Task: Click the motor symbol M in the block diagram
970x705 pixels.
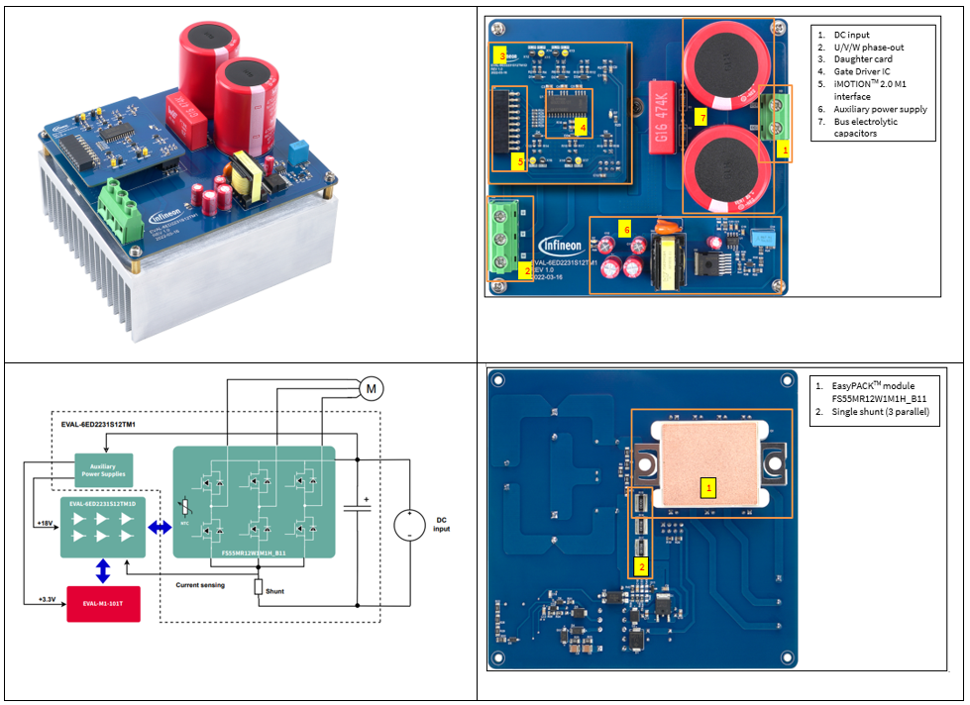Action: [x=371, y=388]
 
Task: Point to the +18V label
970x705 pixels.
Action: [x=45, y=521]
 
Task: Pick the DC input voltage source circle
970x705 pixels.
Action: [x=407, y=525]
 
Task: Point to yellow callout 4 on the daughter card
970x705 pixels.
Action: [x=583, y=127]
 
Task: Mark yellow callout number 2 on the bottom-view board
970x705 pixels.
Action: [x=642, y=567]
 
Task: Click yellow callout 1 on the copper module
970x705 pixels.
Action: [x=707, y=486]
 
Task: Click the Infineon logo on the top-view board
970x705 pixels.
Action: [x=560, y=246]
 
